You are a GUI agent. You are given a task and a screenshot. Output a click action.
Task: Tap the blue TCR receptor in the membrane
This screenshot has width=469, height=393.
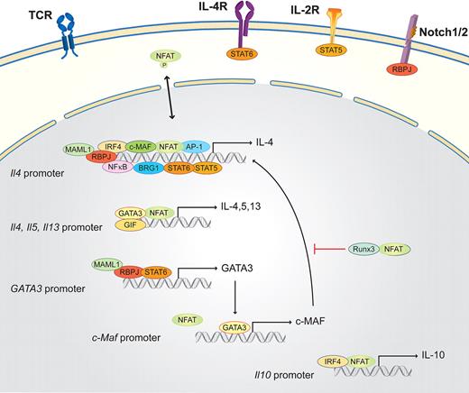pos(71,31)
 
